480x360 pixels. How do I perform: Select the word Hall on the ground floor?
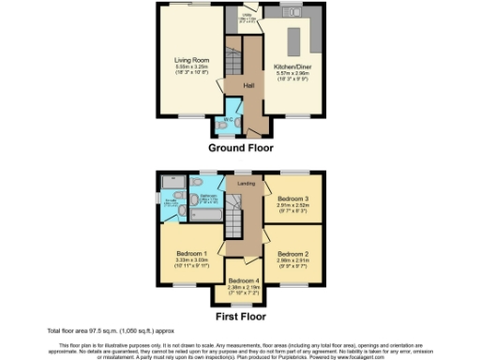tap(248, 85)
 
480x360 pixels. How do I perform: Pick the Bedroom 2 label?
tap(292, 253)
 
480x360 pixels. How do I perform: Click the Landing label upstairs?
tap(246, 184)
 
